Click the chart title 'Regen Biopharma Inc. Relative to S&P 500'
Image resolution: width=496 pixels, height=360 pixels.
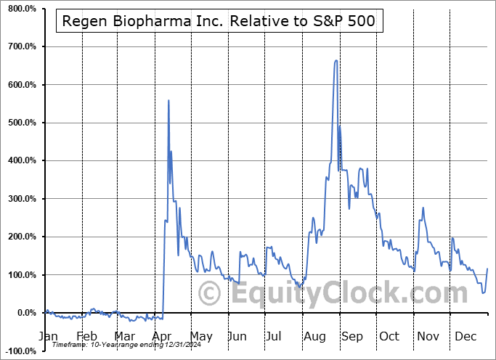219,21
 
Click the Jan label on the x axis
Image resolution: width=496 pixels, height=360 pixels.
49,336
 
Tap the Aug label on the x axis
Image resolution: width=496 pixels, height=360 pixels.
315,336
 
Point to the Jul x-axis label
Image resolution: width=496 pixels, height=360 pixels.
275,336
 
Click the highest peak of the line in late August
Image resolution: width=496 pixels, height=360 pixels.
336,60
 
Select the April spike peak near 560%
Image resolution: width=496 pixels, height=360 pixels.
168,100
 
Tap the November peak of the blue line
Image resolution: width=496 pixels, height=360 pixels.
423,208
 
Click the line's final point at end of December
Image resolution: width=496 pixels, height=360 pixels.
487,269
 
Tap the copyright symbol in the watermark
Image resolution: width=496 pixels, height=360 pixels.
210,294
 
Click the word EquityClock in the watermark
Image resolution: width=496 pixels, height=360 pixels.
325,294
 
